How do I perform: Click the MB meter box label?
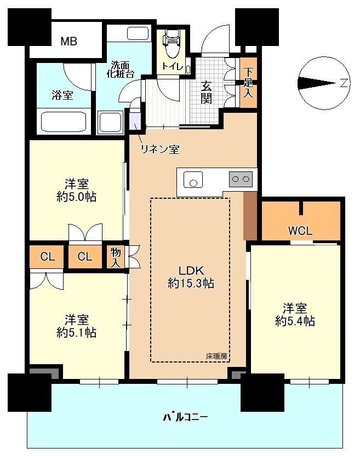click(68, 42)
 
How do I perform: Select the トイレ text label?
click(173, 67)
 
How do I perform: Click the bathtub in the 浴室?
click(64, 122)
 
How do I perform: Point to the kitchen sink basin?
click(193, 180)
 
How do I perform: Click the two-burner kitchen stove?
click(241, 179)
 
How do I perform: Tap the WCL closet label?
click(300, 231)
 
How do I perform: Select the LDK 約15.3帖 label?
click(191, 277)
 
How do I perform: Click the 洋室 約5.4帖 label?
click(295, 315)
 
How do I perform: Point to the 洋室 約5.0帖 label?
click(76, 191)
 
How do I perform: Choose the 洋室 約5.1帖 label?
click(76, 326)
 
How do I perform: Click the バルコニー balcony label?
click(185, 417)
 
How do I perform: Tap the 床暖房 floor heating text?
click(216, 357)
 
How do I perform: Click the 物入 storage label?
click(116, 257)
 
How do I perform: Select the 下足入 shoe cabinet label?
click(248, 83)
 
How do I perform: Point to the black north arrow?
click(317, 83)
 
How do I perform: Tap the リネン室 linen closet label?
click(160, 150)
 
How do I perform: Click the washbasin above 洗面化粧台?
click(139, 33)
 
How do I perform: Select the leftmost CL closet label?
click(47, 257)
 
